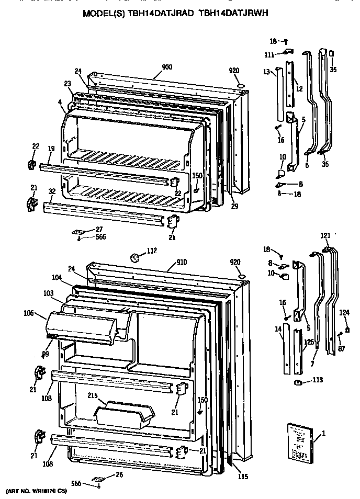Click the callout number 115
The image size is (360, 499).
[242, 477]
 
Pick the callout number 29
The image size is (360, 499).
[234, 206]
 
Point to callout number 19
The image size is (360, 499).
[50, 149]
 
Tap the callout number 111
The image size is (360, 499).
[269, 55]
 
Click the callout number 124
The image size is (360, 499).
[344, 313]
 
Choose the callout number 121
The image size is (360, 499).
[325, 236]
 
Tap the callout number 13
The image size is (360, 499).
[266, 71]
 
